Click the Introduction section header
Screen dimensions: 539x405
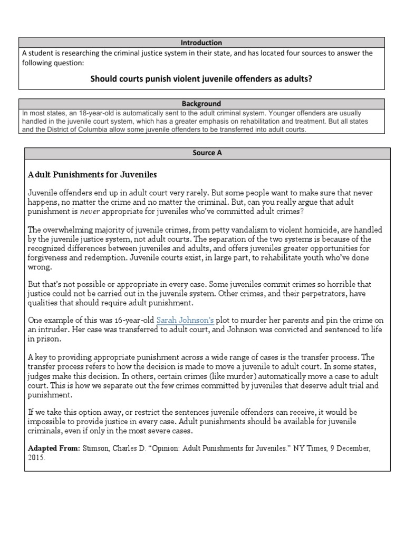tap(201, 43)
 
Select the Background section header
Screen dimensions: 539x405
tap(201, 104)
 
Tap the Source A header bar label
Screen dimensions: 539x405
tap(208, 153)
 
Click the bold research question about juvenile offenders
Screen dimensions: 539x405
tap(201, 78)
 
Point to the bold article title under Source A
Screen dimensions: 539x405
tap(92, 174)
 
